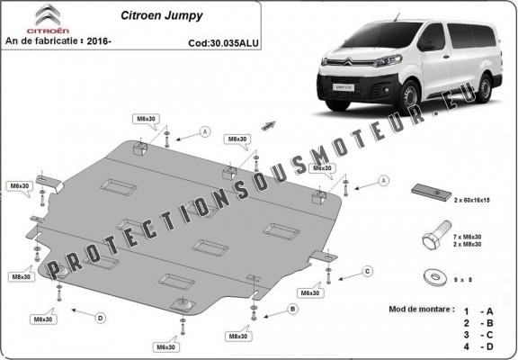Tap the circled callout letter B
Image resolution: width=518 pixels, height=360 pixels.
coord(292,309)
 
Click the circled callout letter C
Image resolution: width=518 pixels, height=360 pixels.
coord(368,270)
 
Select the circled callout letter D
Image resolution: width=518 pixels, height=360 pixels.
coord(102,316)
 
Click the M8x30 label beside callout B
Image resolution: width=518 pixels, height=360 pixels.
coord(238,335)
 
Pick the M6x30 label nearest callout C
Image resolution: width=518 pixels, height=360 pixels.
coord(309,293)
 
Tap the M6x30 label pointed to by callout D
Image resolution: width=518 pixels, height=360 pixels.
coord(41,319)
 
